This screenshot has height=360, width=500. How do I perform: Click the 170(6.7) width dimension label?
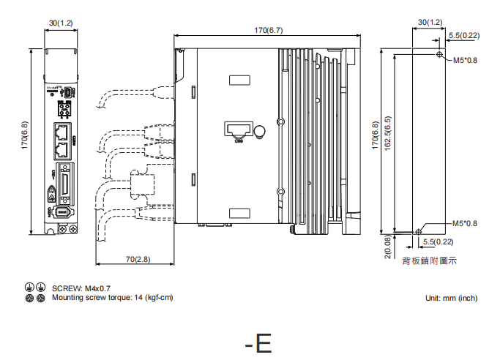click(x=267, y=30)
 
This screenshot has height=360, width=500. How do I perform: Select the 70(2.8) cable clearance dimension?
click(x=137, y=259)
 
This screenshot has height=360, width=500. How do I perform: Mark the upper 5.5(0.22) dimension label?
click(x=464, y=35)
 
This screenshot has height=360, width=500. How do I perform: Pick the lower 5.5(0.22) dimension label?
click(x=439, y=241)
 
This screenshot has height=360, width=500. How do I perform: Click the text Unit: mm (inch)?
click(x=451, y=298)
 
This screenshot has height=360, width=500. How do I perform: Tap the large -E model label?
click(x=258, y=342)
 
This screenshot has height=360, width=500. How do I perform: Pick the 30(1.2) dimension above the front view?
click(x=61, y=23)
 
